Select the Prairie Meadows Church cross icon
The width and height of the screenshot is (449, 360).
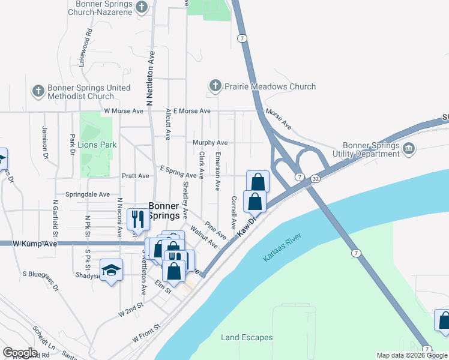coord(215,86)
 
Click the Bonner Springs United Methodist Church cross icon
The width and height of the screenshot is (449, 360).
coord(38,92)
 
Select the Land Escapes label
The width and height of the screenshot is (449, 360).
coord(247,337)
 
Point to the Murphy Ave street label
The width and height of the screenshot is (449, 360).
coord(210,143)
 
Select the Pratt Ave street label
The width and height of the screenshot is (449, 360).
coord(135,176)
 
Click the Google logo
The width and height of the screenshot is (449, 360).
coord(20,352)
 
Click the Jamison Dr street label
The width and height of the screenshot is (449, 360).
coord(44,142)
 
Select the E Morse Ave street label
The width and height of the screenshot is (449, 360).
coord(191,111)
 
